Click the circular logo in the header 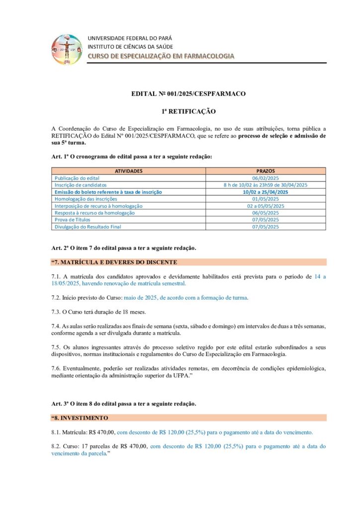(67, 49)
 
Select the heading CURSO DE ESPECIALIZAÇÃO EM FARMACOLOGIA (161, 56)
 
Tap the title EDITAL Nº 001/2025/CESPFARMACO (188, 93)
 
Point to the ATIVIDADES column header (129, 170)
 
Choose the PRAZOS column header (266, 170)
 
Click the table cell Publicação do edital (77, 177)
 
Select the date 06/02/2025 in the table (266, 177)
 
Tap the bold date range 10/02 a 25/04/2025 (266, 191)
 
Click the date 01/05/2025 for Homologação (266, 198)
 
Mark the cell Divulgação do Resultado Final (88, 227)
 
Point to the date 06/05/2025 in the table (266, 213)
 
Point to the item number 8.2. (56, 446)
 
